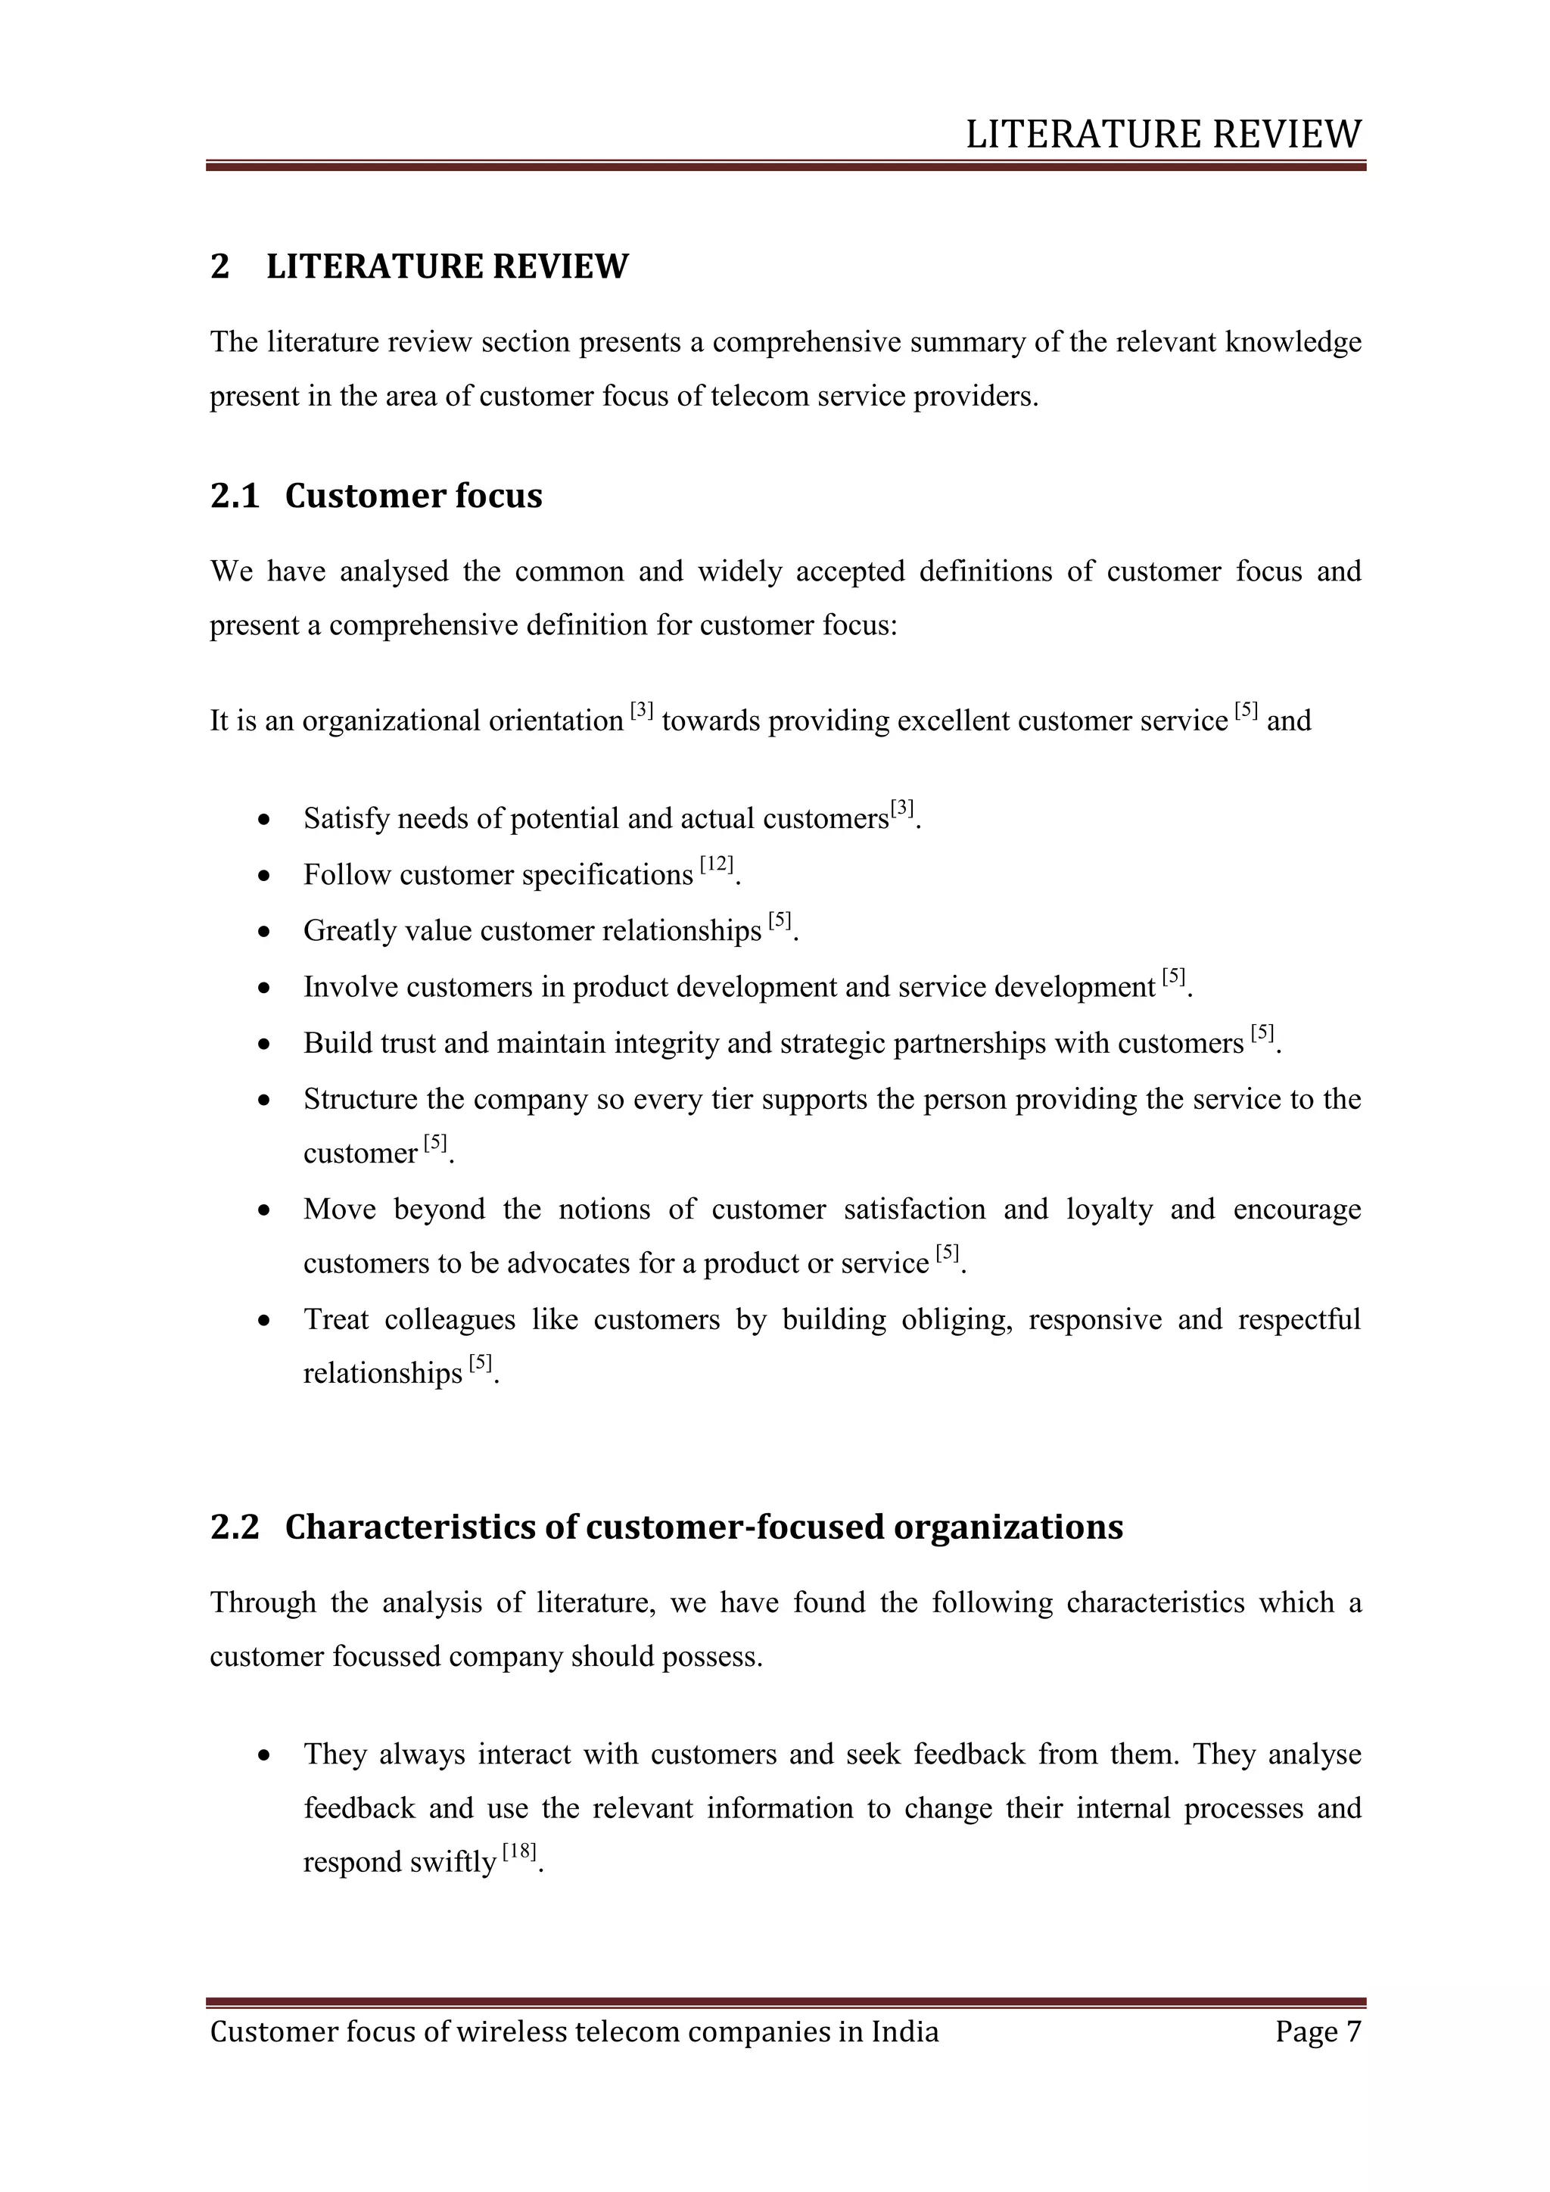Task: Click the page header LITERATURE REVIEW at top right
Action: coord(1162,135)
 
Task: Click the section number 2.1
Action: coord(235,496)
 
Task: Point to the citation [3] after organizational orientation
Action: coord(641,710)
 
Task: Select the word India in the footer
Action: coord(905,2031)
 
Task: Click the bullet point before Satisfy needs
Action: coord(264,820)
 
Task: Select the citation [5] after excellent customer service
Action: coord(1246,710)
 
